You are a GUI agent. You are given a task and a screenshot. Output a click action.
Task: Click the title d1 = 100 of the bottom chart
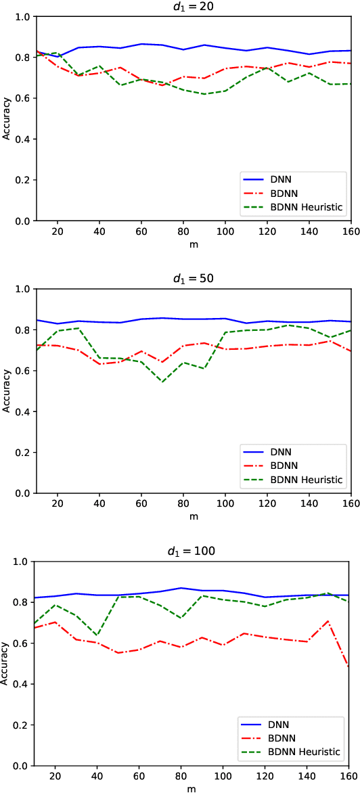193,551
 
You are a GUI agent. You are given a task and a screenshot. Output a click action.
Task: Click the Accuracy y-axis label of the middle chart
6,391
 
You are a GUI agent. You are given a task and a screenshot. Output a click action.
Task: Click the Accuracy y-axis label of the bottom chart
6,664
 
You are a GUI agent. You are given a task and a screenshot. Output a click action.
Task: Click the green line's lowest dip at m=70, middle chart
162,382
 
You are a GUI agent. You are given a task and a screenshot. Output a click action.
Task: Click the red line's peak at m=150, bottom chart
329,620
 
